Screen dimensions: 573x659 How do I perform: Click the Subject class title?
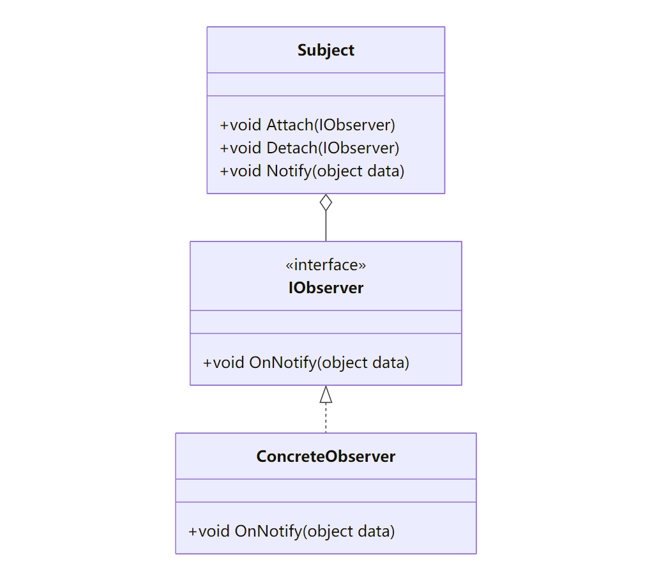(x=326, y=50)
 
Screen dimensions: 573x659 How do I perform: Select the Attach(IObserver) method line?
(x=307, y=125)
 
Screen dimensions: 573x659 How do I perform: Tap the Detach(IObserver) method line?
(x=309, y=148)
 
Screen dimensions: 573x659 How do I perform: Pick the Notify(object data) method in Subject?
(x=312, y=171)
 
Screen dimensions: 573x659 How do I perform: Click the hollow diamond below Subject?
(x=326, y=202)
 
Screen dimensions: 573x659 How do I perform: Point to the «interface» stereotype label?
(x=326, y=264)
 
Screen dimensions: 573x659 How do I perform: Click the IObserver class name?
(x=326, y=288)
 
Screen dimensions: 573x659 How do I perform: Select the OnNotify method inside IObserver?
(x=306, y=363)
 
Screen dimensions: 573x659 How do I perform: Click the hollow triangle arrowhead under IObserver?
(x=326, y=395)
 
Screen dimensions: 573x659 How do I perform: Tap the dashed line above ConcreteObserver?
(x=326, y=418)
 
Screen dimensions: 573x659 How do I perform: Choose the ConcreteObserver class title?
(x=326, y=457)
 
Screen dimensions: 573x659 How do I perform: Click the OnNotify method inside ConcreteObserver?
(x=292, y=531)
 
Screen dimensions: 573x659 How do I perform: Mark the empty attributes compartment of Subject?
(x=326, y=84)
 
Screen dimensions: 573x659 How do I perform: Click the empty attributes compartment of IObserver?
(x=326, y=322)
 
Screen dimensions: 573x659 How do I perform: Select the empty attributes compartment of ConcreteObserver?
(x=326, y=491)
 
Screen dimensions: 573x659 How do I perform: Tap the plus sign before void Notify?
(x=224, y=171)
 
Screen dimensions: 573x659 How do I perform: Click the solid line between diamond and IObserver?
(x=326, y=226)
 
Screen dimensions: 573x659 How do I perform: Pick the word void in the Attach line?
(x=246, y=125)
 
